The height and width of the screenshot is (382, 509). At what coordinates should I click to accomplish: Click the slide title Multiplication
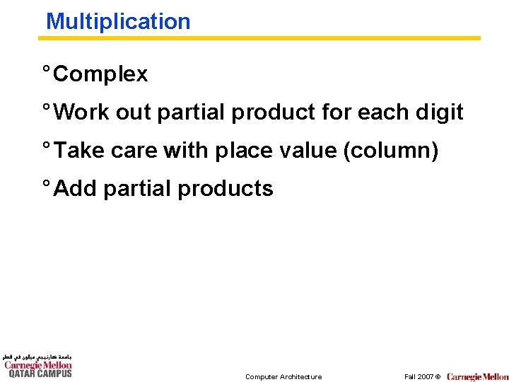tap(118, 21)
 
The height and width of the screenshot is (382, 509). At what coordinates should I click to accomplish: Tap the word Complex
tap(100, 74)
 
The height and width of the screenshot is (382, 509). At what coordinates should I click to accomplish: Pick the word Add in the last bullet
tap(76, 188)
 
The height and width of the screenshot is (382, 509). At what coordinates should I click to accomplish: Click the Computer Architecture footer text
tap(283, 376)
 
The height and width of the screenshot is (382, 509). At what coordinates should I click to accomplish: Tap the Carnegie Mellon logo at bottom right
tap(477, 376)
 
